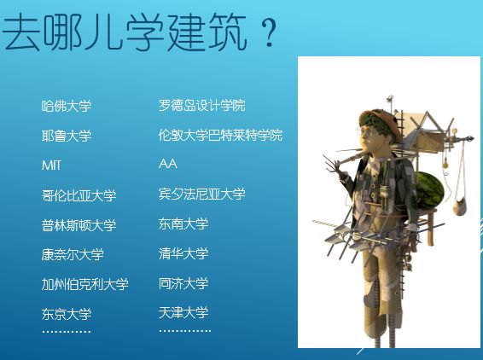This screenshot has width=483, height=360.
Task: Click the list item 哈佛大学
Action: click(67, 106)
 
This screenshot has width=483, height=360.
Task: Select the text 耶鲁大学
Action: click(67, 136)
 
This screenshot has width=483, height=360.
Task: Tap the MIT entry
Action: click(51, 165)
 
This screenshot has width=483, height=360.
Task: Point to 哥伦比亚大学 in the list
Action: click(79, 195)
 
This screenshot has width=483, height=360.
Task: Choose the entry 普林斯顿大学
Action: click(79, 225)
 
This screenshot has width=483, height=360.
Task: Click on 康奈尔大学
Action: click(73, 255)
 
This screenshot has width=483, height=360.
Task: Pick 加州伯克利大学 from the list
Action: click(85, 284)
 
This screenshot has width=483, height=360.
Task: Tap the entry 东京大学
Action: click(67, 314)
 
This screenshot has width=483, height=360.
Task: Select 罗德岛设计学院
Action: click(202, 105)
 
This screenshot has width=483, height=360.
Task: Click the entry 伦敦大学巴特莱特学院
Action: click(220, 135)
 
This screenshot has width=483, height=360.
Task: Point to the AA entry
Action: click(168, 164)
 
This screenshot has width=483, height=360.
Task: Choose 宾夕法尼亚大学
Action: click(202, 194)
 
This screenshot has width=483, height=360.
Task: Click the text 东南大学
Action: click(183, 224)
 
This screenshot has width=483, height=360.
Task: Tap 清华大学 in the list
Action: click(183, 253)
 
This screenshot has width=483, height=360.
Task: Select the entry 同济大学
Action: click(183, 283)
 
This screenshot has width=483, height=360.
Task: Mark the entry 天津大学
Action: click(183, 313)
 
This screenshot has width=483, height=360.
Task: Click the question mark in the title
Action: click(270, 32)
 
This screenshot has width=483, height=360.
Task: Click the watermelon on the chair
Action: click(429, 189)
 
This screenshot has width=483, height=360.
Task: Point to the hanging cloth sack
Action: click(460, 206)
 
